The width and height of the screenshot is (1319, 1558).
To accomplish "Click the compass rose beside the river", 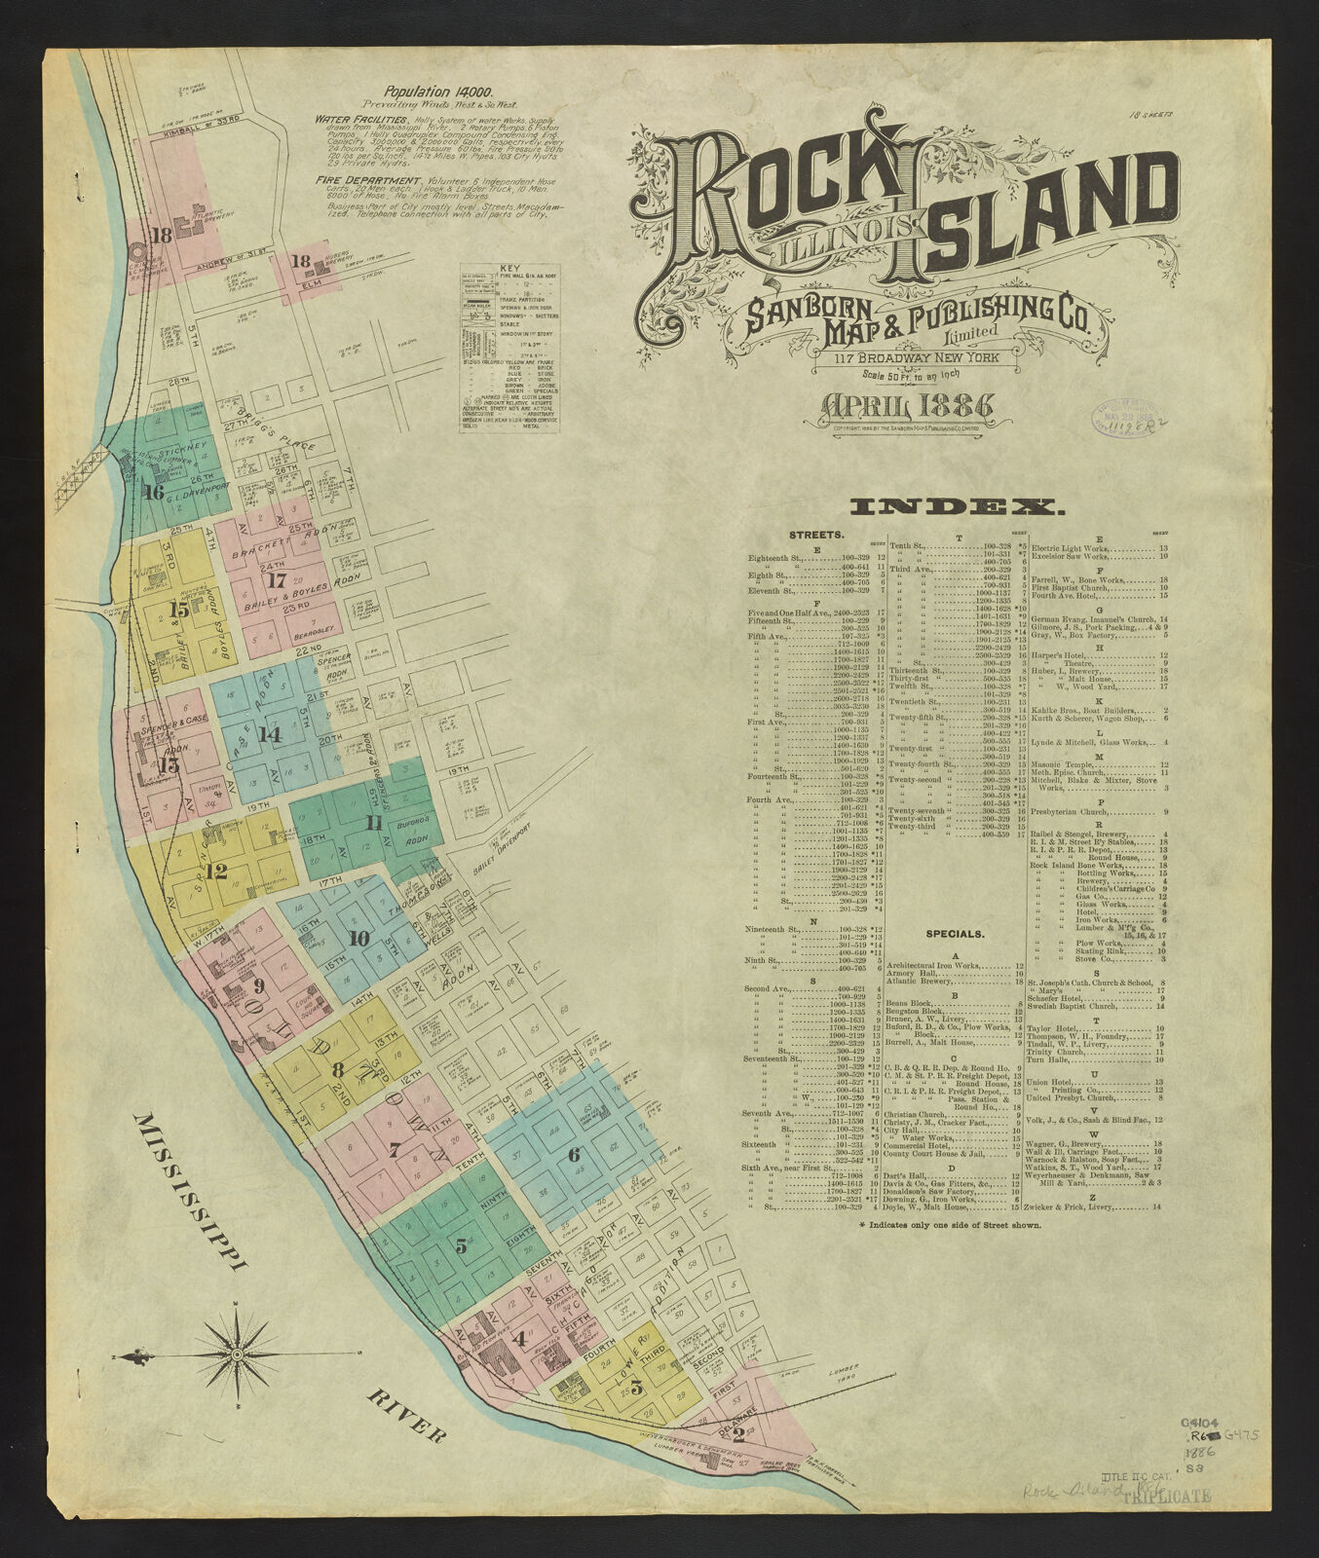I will tap(237, 1354).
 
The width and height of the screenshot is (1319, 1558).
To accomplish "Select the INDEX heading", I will tap(956, 506).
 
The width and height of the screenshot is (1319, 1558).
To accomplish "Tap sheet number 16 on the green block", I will tap(153, 491).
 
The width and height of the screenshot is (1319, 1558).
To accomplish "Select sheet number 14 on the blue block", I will tap(270, 734).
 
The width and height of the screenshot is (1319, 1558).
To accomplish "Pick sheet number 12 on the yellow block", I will tap(216, 871).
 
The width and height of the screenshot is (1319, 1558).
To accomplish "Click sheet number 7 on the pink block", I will tap(394, 1150).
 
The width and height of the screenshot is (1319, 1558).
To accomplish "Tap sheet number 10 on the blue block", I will tap(358, 939).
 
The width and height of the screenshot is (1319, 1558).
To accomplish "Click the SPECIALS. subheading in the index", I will tap(953, 933).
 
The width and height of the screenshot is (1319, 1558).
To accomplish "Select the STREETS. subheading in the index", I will tap(815, 536).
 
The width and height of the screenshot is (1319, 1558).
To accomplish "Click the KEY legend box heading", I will tap(509, 268).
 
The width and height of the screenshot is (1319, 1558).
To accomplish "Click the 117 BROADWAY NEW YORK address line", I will tap(923, 357).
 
